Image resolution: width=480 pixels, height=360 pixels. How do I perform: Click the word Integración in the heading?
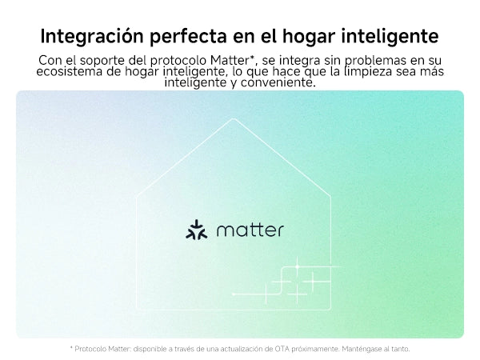[92, 36]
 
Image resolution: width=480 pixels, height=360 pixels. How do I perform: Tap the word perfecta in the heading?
[188, 36]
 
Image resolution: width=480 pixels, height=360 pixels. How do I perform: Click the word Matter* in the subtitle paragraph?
[233, 60]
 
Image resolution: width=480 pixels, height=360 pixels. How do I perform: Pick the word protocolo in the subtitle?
[178, 61]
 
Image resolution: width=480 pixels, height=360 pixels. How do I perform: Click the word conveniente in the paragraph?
[278, 82]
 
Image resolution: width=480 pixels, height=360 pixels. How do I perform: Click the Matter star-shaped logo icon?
[197, 230]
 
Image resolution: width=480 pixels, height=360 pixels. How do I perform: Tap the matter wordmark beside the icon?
[250, 230]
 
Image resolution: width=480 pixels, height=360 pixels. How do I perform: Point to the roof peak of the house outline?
[234, 118]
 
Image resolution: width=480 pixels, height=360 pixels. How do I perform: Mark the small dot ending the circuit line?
[234, 294]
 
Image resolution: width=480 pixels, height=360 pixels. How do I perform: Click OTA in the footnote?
[282, 349]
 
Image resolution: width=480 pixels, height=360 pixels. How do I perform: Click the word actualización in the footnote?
[242, 349]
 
